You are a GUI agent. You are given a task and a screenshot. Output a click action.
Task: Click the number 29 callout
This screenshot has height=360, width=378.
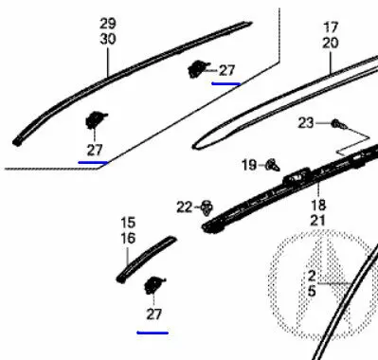coord(108,24)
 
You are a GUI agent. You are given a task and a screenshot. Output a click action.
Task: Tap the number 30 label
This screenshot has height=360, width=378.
coord(108,39)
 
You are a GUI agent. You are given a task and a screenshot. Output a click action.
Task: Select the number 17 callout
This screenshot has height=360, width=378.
coord(331,27)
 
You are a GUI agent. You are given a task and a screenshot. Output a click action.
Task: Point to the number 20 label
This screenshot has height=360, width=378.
coord(331,43)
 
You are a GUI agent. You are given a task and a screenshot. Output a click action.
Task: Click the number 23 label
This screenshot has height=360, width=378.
coord(306,123)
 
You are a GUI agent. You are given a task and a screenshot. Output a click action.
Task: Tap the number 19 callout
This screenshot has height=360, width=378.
coord(249,165)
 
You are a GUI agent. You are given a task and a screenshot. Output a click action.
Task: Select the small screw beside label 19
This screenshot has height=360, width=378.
coord(273,165)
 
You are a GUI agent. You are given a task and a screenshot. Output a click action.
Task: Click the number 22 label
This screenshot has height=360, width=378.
coord(185,207)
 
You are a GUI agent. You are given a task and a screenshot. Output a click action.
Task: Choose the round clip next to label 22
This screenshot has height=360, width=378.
coord(207,207)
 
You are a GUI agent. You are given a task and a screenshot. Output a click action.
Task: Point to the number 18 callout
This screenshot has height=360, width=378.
coord(318,206)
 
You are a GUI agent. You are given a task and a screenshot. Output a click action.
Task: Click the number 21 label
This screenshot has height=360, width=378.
coord(318,221)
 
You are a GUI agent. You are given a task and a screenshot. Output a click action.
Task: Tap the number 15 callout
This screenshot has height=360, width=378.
coord(128,223)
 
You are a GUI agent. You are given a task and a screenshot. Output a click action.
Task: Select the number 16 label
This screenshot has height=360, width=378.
coord(128,238)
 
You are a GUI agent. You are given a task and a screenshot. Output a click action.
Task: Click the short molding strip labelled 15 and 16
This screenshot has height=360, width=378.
coord(146,259)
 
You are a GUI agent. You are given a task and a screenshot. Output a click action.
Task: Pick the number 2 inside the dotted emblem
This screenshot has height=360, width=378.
coord(312,276)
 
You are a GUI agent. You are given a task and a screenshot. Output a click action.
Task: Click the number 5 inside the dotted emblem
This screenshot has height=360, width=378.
coord(312,291)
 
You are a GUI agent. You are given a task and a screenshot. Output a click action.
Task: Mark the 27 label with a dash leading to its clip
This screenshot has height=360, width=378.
coord(226,71)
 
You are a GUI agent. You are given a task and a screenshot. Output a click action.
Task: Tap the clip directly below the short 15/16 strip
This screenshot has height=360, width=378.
coord(154,284)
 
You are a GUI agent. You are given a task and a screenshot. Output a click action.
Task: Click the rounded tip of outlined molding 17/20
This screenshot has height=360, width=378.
coord(193,146)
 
